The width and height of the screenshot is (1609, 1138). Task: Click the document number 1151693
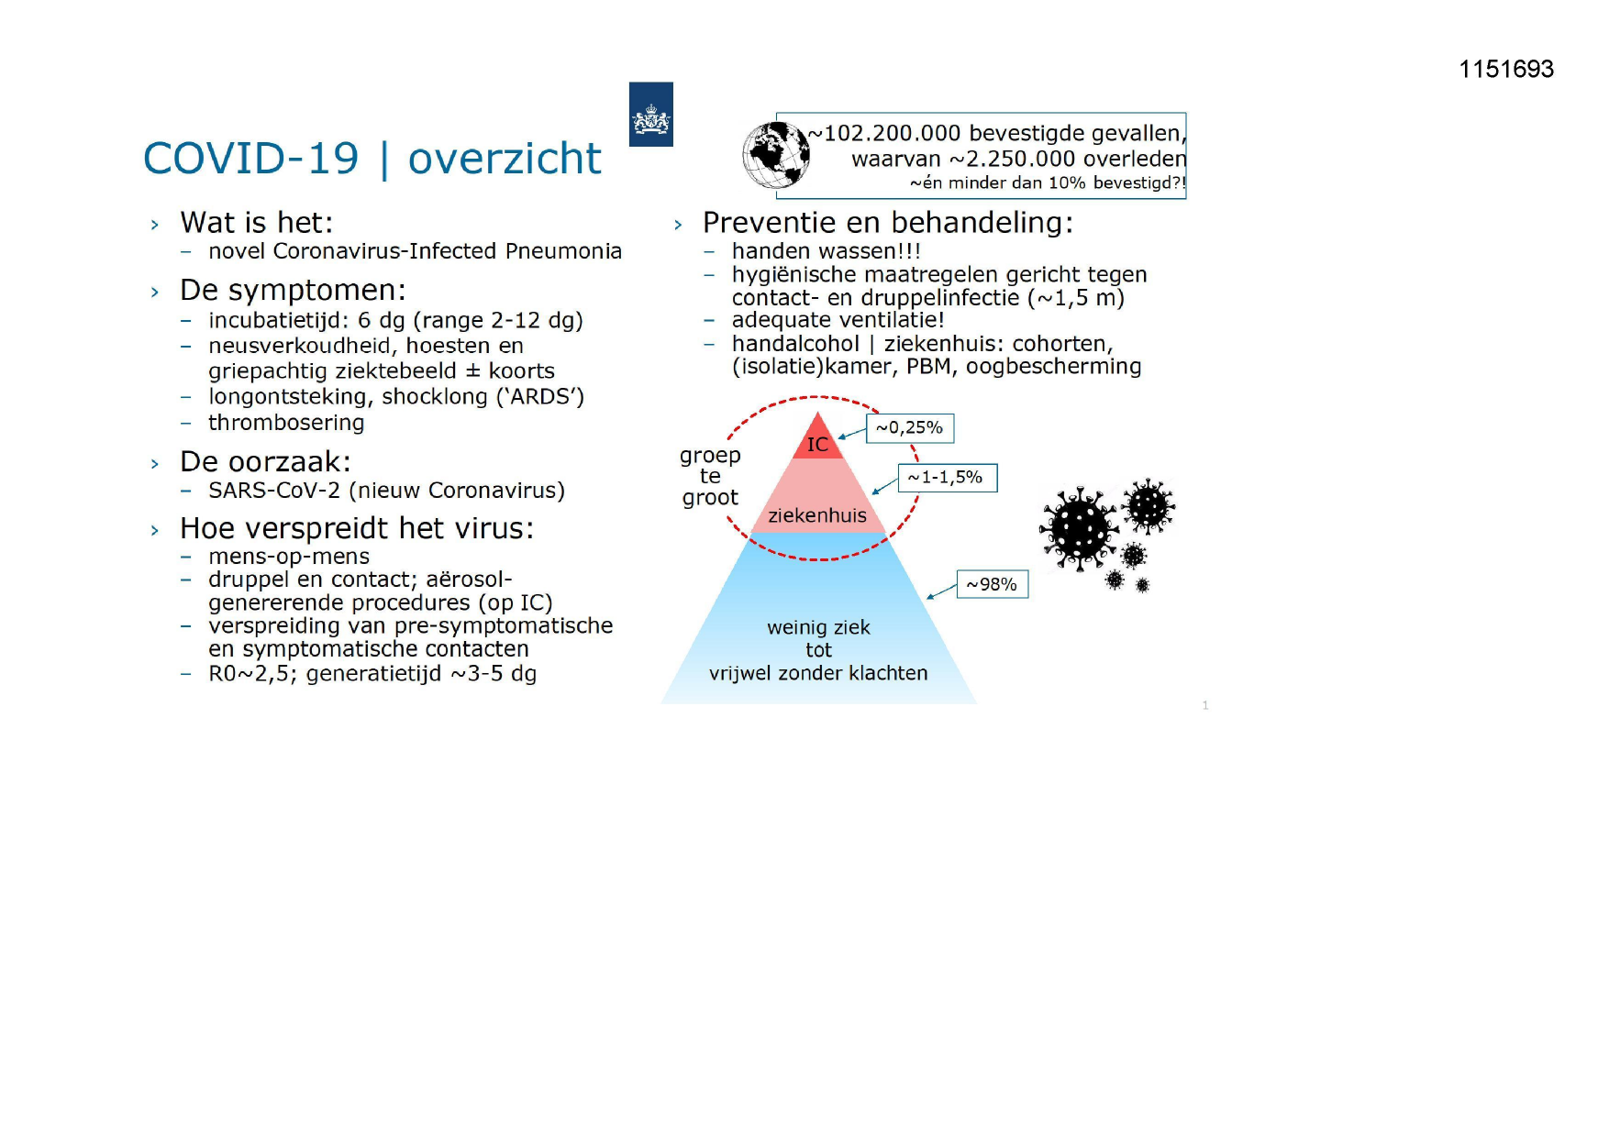[x=1506, y=69]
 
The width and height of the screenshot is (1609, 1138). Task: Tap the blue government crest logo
[x=651, y=115]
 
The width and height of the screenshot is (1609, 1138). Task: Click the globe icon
[x=776, y=155]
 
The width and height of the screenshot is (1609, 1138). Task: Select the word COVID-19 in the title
[x=251, y=158]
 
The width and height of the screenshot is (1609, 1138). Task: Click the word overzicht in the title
[x=505, y=158]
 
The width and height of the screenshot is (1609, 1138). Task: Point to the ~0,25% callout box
[x=910, y=428]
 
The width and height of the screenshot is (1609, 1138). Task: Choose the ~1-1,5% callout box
[x=948, y=478]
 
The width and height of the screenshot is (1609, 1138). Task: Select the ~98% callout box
[x=993, y=584]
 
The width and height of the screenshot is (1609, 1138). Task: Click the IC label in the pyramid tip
[x=817, y=445]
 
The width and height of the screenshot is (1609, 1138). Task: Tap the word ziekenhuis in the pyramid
[x=817, y=515]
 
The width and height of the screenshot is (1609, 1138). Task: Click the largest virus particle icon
[x=1079, y=529]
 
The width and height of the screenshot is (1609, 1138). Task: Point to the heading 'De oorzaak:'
[x=265, y=461]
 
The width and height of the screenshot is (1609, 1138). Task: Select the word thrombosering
[x=286, y=423]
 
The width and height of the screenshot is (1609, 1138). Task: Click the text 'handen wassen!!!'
[x=826, y=251]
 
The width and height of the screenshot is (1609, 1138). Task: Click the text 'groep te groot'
[x=710, y=477]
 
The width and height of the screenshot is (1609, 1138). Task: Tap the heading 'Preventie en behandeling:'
[x=888, y=223]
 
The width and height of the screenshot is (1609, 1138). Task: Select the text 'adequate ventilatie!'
[x=838, y=320]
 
